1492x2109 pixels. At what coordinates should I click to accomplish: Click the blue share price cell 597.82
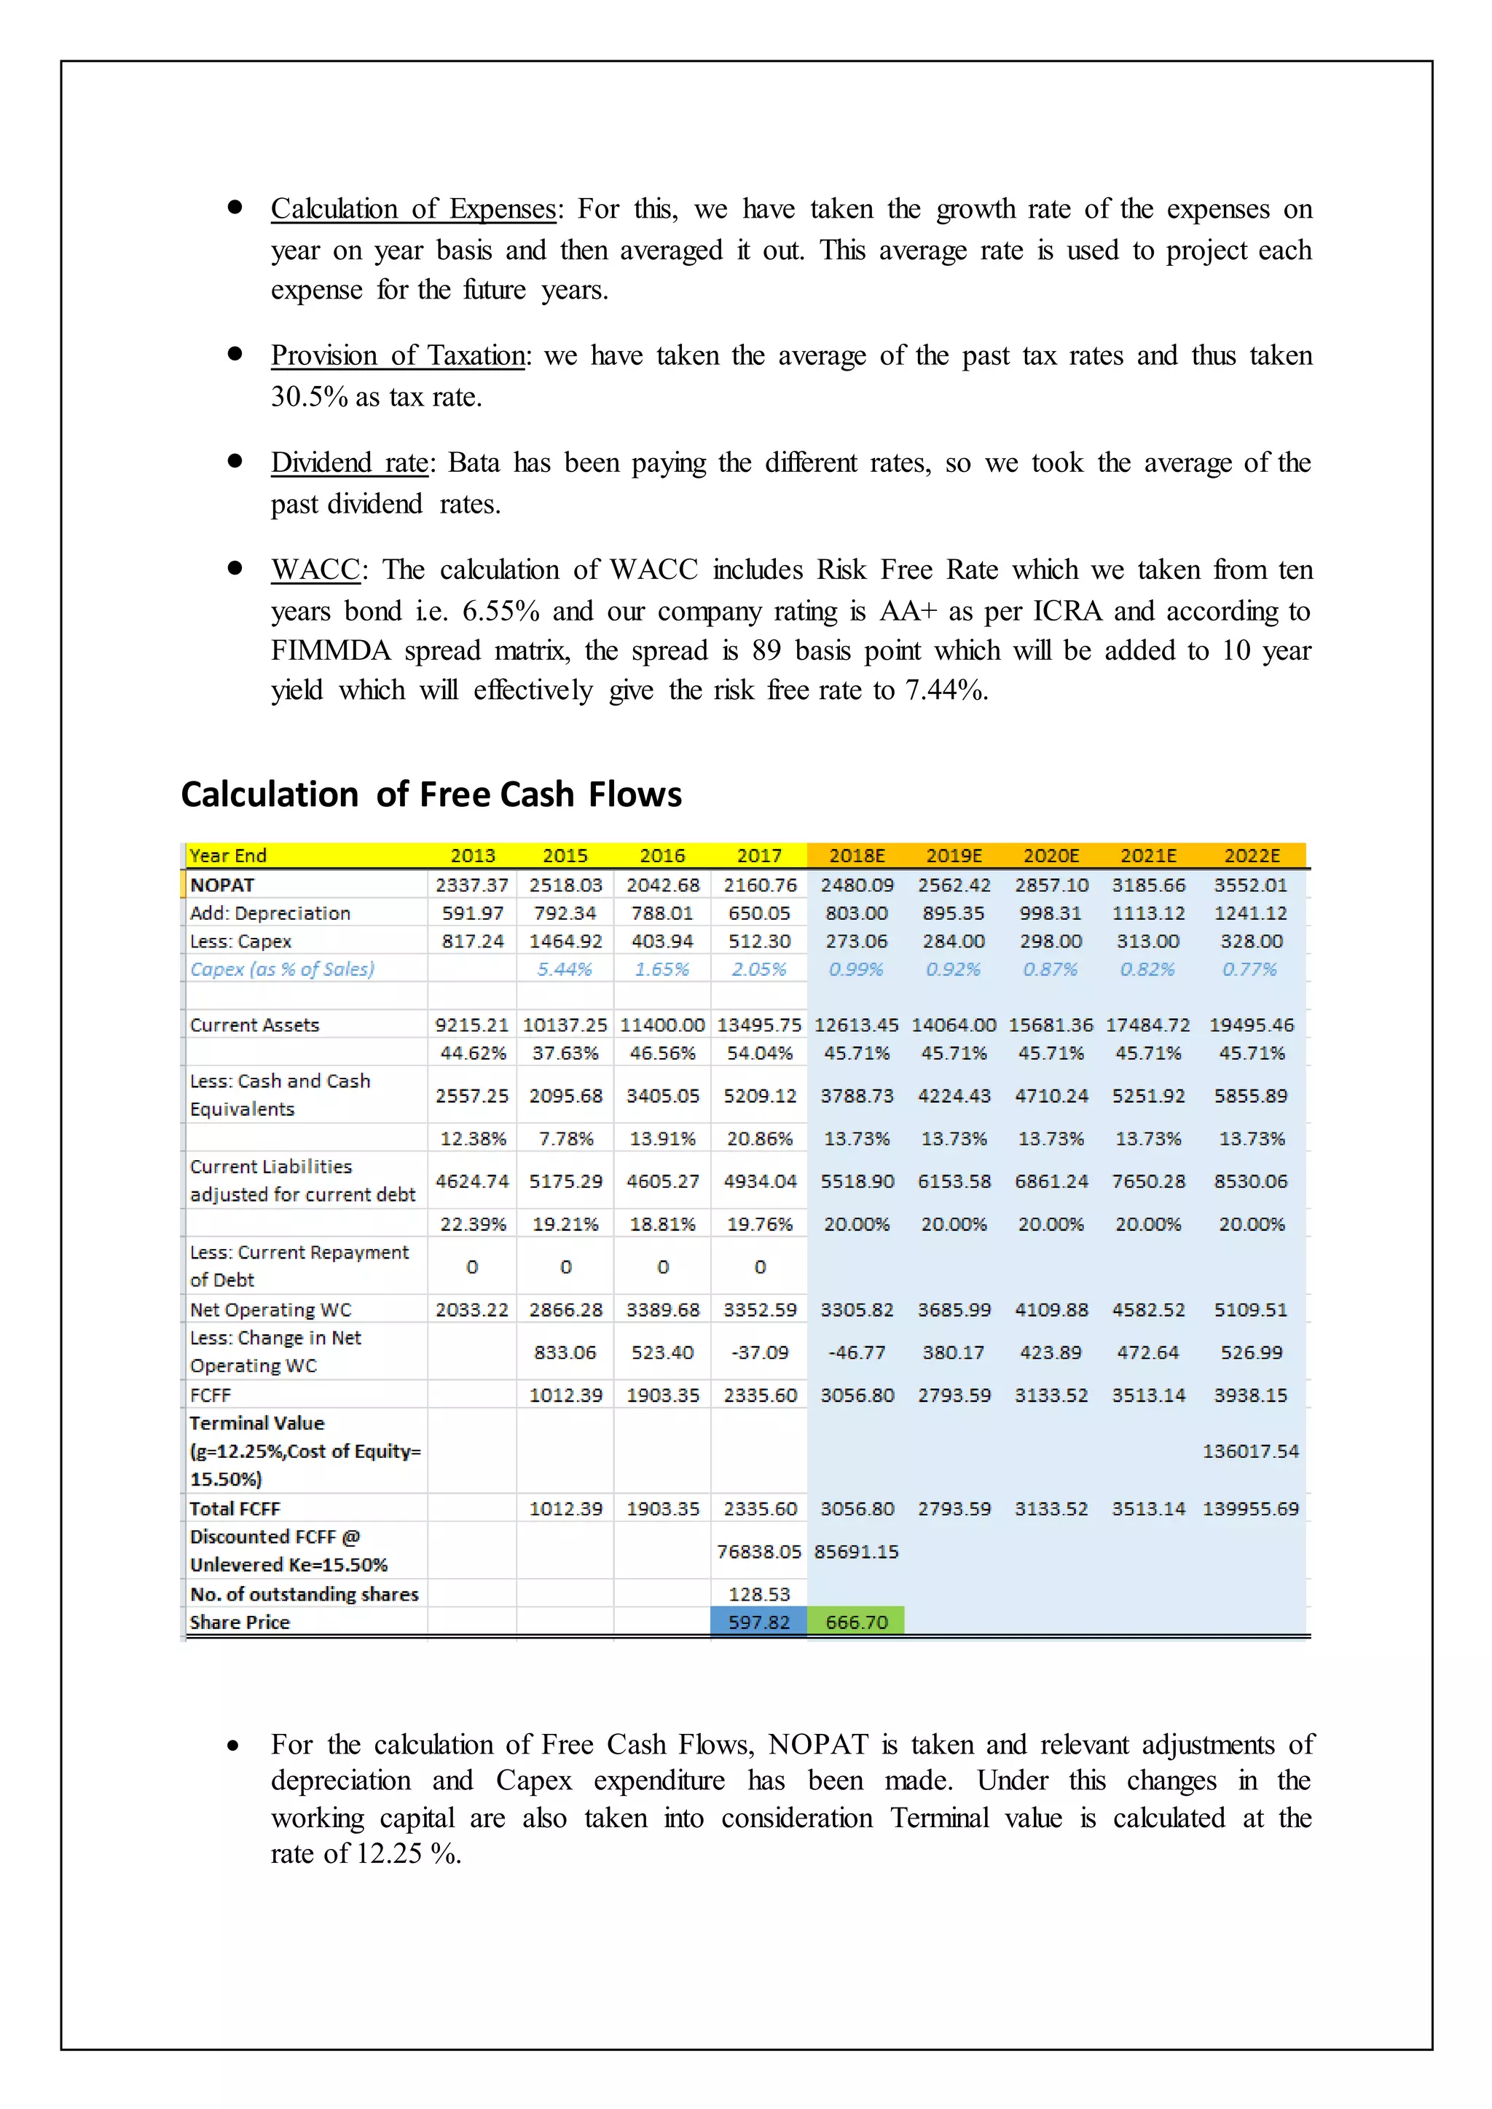(759, 1621)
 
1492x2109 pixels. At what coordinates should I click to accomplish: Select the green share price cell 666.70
(855, 1621)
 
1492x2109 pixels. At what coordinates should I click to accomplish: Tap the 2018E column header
(856, 855)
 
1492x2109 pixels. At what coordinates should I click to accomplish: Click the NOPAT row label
(222, 885)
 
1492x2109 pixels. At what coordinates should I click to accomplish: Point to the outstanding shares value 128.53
(759, 1593)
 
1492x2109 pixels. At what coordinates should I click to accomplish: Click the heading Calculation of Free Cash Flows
(431, 794)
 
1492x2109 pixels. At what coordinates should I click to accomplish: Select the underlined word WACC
(315, 569)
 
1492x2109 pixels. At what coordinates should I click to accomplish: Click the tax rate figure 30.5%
(309, 397)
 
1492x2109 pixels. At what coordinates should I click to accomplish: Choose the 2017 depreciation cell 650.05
(759, 913)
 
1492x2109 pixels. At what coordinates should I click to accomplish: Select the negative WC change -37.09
(759, 1352)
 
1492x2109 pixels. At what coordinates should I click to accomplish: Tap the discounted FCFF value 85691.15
(855, 1551)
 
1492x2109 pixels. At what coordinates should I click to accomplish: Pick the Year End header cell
(228, 855)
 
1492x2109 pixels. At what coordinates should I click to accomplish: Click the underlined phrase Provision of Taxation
(398, 355)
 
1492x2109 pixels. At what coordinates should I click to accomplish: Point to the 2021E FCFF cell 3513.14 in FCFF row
(1147, 1395)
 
